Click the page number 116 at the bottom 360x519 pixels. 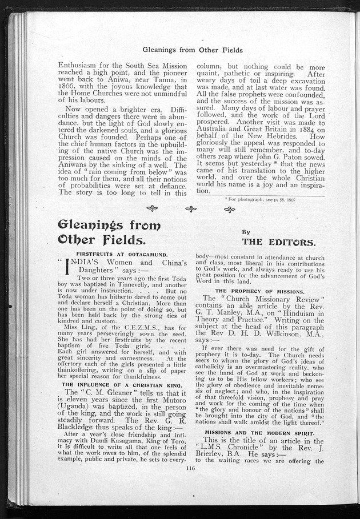coord(190,468)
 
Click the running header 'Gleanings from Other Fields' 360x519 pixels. coord(192,50)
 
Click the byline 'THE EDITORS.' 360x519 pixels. coord(278,242)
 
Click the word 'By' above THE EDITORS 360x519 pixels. coord(246,232)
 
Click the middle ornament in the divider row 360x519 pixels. coord(190,210)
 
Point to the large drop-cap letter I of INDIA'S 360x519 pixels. coord(70,265)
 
